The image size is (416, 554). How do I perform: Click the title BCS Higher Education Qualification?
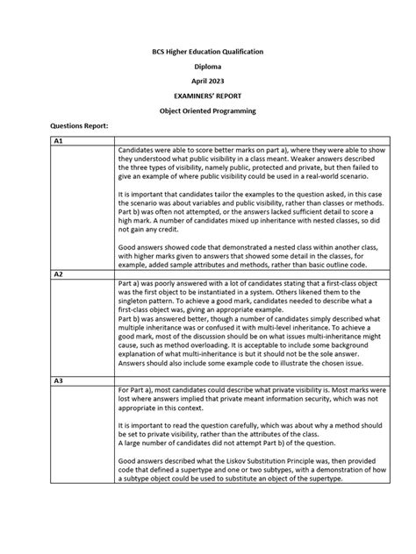(208, 53)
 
